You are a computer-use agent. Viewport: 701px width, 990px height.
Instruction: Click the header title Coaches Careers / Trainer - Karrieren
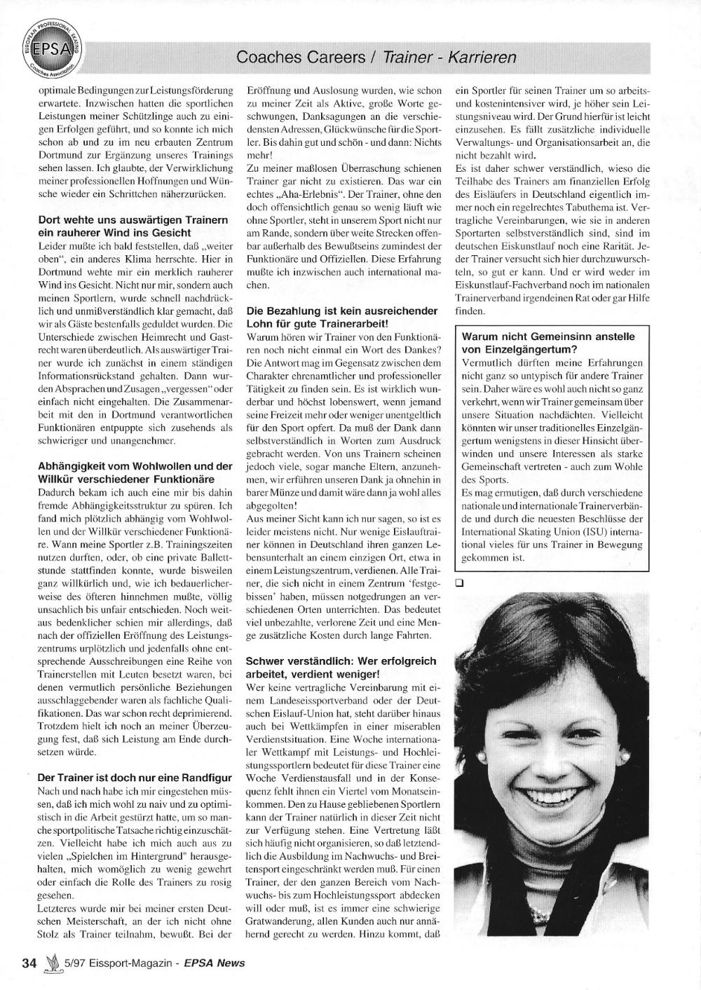pyautogui.click(x=376, y=57)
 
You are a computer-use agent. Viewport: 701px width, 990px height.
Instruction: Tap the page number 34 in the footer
pyautogui.click(x=29, y=963)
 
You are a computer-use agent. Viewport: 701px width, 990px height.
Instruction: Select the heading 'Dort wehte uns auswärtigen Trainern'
pyautogui.click(x=132, y=220)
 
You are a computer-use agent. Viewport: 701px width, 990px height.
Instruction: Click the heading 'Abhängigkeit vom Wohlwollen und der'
pyautogui.click(x=135, y=466)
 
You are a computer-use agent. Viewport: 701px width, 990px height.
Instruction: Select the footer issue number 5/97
pyautogui.click(x=74, y=963)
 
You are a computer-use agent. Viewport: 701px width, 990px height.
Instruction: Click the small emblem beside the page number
pyautogui.click(x=50, y=962)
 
